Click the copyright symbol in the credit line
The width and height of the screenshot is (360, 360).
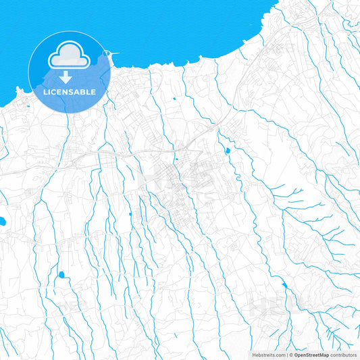(x=290, y=355)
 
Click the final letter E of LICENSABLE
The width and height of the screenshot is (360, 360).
(x=93, y=92)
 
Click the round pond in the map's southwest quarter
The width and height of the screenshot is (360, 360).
(x=61, y=275)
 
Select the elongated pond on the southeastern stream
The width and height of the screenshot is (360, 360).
(x=284, y=286)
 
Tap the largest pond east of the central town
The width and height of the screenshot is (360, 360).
(x=228, y=150)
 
